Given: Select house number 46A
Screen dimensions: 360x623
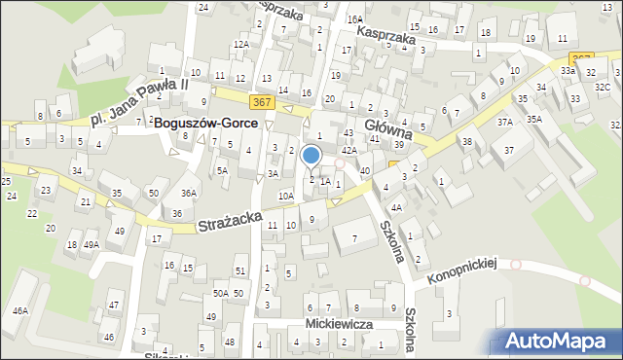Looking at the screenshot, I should coord(19,311).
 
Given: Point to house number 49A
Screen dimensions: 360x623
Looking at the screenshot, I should coord(91,245).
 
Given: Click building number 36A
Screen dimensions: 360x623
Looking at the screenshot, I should coord(190,193).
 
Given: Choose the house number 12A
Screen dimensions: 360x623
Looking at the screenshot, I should coord(239,44).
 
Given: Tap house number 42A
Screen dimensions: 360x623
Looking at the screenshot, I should coord(348,151).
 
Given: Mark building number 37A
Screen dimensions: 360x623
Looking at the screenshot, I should coord(504,123).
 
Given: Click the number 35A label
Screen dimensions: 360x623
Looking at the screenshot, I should coord(534,119).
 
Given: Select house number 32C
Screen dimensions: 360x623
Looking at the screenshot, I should coord(603,88).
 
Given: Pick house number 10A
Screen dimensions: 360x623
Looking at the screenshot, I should coord(285,196).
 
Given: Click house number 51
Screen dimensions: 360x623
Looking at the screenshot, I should coord(239,270).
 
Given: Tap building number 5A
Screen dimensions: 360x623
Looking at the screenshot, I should coord(223,170).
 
